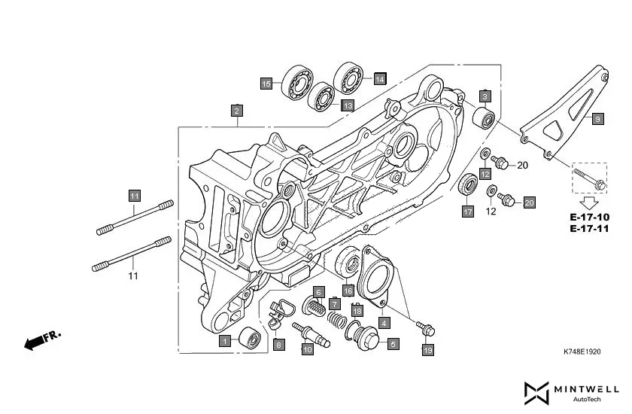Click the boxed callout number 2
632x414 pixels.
[x=236, y=111]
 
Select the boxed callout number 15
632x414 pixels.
[x=266, y=84]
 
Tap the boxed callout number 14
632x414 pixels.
[x=379, y=78]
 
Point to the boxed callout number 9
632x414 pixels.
[x=597, y=119]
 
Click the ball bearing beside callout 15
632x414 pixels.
[x=297, y=82]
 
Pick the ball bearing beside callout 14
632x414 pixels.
[x=348, y=74]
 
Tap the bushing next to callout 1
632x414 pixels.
[x=251, y=340]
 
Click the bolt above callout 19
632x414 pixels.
[x=425, y=328]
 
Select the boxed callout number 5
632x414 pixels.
[x=393, y=344]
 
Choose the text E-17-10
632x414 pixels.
[x=589, y=217]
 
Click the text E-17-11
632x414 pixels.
[x=589, y=228]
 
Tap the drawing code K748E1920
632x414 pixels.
[x=585, y=352]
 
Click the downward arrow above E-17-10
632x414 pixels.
[x=589, y=202]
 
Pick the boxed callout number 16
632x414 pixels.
[x=348, y=290]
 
